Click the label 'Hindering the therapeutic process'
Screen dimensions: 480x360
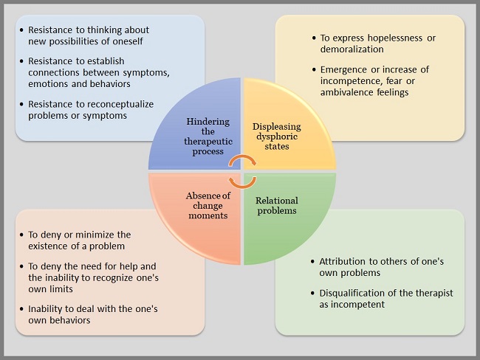[x=208, y=136]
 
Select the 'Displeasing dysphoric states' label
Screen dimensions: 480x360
[x=277, y=136]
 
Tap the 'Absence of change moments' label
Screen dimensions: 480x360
[x=208, y=206]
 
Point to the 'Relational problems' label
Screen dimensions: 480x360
[x=277, y=206]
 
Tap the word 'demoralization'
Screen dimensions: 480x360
[x=352, y=49]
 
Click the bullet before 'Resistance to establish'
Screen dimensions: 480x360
[x=21, y=61]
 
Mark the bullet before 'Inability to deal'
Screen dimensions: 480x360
[x=21, y=309]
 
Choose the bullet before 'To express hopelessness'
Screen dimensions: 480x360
[x=314, y=38]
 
